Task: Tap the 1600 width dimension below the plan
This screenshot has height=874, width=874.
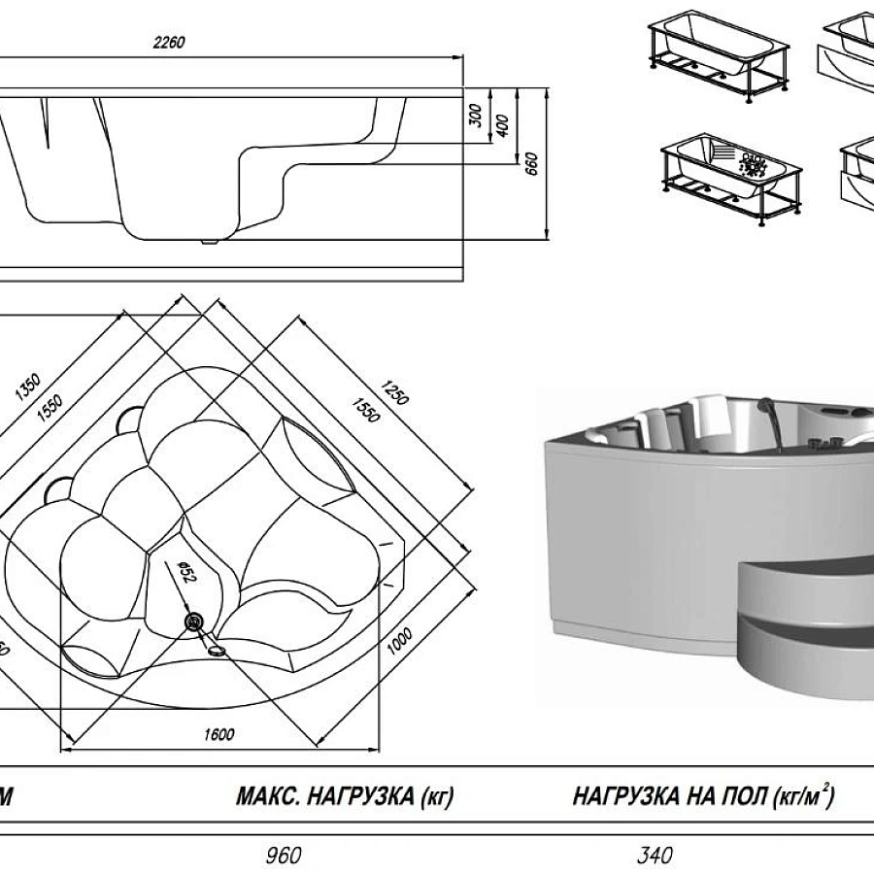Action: [x=219, y=735]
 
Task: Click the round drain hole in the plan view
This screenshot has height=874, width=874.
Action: [x=194, y=621]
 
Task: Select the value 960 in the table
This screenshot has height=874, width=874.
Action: [x=284, y=856]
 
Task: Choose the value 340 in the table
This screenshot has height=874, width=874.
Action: [x=654, y=856]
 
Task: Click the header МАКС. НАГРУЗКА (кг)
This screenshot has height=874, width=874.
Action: [x=345, y=798]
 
